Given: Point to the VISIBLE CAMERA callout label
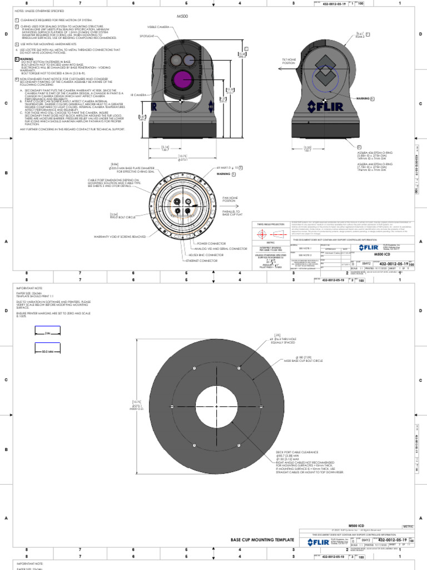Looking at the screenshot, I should pyautogui.click(x=158, y=26).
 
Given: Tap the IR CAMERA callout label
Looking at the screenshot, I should pyautogui.click(x=139, y=95).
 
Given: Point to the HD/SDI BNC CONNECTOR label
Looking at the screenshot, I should pyautogui.click(x=206, y=254).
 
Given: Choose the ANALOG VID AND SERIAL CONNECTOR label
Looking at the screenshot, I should pyautogui.click(x=220, y=249).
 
